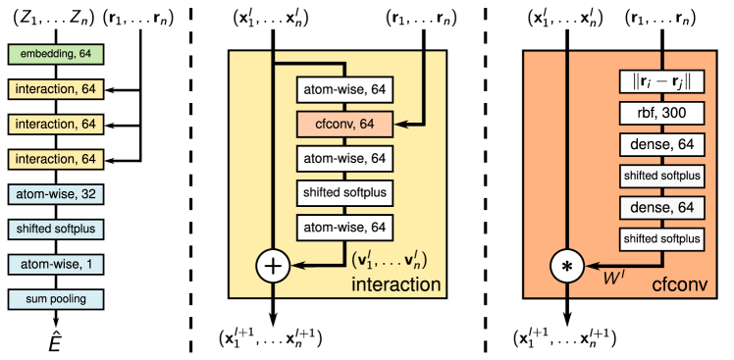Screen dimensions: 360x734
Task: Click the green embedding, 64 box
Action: point(56,54)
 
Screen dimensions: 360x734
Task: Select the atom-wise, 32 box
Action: point(56,194)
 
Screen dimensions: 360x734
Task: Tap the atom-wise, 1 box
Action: point(56,264)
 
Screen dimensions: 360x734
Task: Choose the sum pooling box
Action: point(56,299)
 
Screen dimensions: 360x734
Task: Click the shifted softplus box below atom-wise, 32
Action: point(56,230)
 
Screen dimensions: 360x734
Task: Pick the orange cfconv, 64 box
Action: point(344,124)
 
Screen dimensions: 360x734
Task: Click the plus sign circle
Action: point(273,266)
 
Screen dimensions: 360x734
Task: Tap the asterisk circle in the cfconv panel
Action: point(567,266)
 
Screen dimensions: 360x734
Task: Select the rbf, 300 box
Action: point(662,114)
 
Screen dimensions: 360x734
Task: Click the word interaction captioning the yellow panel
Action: point(396,285)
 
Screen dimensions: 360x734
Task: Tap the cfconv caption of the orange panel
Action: point(679,285)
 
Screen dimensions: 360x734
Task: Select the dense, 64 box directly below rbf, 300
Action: point(662,145)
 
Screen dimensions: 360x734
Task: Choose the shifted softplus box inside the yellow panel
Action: point(344,192)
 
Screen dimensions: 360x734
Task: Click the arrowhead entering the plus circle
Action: point(297,266)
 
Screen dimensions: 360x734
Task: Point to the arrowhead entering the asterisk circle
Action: point(591,266)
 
